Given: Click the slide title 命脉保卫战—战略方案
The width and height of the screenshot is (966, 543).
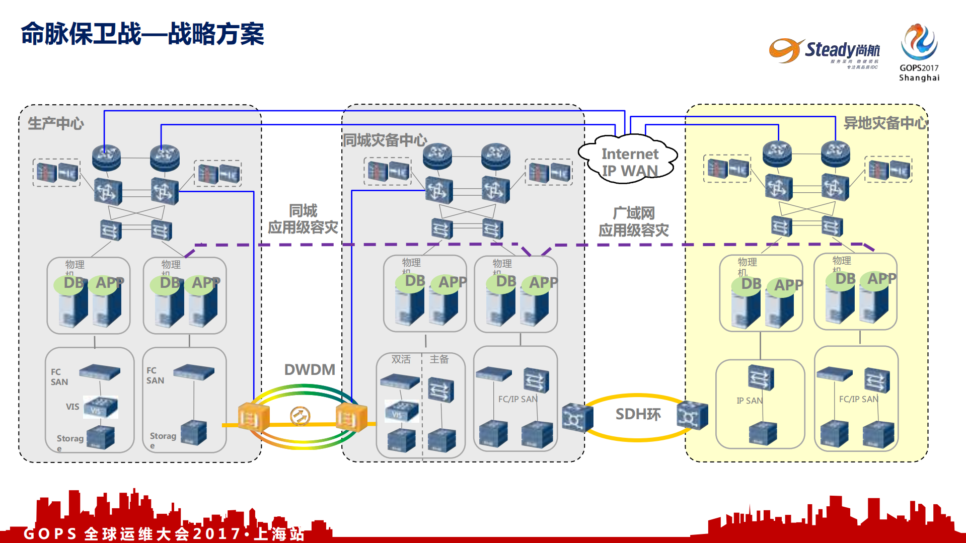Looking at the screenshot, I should click(142, 34).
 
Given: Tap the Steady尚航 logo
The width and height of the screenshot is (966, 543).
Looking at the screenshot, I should click(825, 52).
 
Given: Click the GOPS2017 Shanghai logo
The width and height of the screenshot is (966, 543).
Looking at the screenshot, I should click(919, 52).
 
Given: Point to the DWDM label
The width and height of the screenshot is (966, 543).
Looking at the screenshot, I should click(310, 369).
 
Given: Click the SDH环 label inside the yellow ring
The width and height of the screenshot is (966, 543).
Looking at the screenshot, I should click(638, 414).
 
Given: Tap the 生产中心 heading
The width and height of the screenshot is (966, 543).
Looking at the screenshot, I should click(56, 123).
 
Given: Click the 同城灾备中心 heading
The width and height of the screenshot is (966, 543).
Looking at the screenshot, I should click(385, 140).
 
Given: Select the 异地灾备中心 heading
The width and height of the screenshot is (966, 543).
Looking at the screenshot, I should click(885, 123).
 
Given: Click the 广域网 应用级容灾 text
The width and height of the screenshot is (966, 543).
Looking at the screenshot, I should click(633, 221).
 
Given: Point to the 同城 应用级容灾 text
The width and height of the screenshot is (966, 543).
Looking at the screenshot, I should click(303, 219).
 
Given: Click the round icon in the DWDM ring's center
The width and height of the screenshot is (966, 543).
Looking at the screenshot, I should click(300, 416).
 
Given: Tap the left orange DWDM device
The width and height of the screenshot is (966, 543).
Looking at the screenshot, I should click(253, 417).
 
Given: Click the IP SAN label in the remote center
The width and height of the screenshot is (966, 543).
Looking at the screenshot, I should click(749, 401).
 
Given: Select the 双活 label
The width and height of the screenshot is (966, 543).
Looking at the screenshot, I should click(401, 359).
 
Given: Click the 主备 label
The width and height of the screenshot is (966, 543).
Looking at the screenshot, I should click(439, 359).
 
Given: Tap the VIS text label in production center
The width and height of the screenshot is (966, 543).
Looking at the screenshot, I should click(72, 407).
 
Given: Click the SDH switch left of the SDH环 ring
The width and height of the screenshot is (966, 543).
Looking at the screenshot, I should click(577, 418).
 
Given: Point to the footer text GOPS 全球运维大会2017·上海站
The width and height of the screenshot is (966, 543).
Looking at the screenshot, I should click(164, 533).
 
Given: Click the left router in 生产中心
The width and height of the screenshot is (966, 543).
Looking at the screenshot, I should click(106, 157).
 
